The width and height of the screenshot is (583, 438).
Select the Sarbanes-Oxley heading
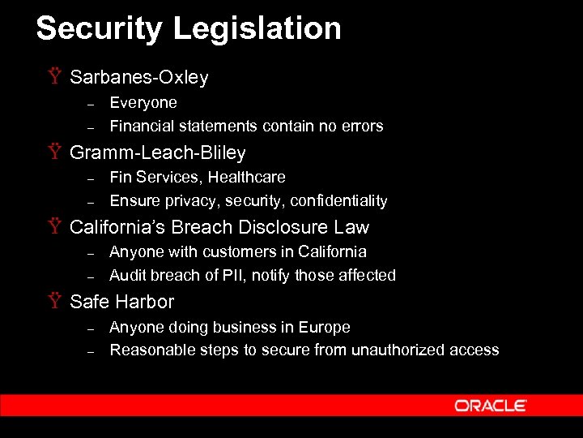click(x=138, y=78)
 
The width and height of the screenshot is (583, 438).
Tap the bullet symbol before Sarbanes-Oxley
click(x=54, y=78)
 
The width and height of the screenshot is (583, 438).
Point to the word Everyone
click(x=143, y=103)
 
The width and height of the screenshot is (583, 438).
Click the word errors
click(x=363, y=127)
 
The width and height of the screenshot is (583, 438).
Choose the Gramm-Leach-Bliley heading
click(x=157, y=152)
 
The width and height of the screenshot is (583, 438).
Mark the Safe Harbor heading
click(x=121, y=302)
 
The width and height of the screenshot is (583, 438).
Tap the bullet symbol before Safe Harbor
click(x=54, y=302)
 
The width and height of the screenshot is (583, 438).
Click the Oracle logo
click(x=491, y=406)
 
